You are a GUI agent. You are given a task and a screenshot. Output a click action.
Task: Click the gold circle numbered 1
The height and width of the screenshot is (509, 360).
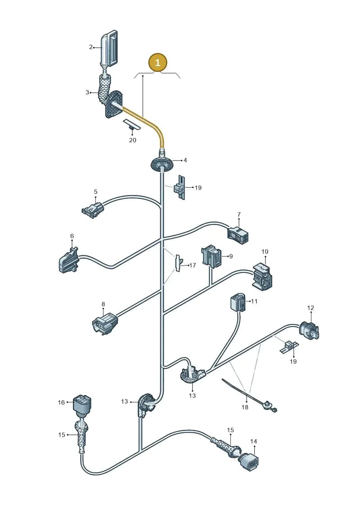pyautogui.click(x=158, y=62)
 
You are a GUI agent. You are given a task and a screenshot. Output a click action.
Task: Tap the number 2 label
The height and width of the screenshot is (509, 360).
pyautogui.click(x=91, y=47)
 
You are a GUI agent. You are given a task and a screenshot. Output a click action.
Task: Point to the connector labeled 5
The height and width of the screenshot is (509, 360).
pyautogui.click(x=93, y=209)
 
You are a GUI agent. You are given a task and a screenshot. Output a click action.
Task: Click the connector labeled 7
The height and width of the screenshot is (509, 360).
pyautogui.click(x=238, y=234)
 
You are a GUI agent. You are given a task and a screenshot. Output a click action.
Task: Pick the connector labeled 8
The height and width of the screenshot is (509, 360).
pyautogui.click(x=104, y=323)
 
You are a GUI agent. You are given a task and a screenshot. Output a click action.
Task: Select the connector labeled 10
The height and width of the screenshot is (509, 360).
pyautogui.click(x=262, y=276)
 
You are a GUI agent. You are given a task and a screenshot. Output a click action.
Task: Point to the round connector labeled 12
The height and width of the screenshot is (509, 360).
pyautogui.click(x=309, y=330)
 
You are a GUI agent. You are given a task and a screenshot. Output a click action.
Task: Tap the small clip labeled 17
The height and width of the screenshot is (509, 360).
pyautogui.click(x=179, y=263)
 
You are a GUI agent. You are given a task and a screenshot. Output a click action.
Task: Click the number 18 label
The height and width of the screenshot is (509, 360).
pyautogui.click(x=244, y=407)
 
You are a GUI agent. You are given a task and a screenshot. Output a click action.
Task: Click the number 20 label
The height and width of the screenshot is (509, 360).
pyautogui.click(x=132, y=140)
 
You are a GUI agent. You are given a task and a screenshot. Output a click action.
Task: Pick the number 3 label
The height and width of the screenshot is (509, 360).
pyautogui.click(x=87, y=92)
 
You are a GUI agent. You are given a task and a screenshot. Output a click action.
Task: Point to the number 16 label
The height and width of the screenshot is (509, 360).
pyautogui.click(x=61, y=402)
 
